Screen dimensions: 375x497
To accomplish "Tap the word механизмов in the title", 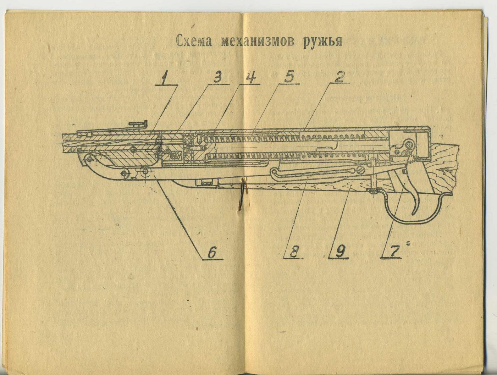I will (x=257, y=42).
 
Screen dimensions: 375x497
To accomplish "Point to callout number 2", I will (x=339, y=77).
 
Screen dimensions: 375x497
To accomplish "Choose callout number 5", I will (x=290, y=78).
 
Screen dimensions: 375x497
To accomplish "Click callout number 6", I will (x=211, y=253).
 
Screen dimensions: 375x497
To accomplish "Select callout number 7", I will (x=393, y=251).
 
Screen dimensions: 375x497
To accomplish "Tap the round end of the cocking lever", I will (x=274, y=173).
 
